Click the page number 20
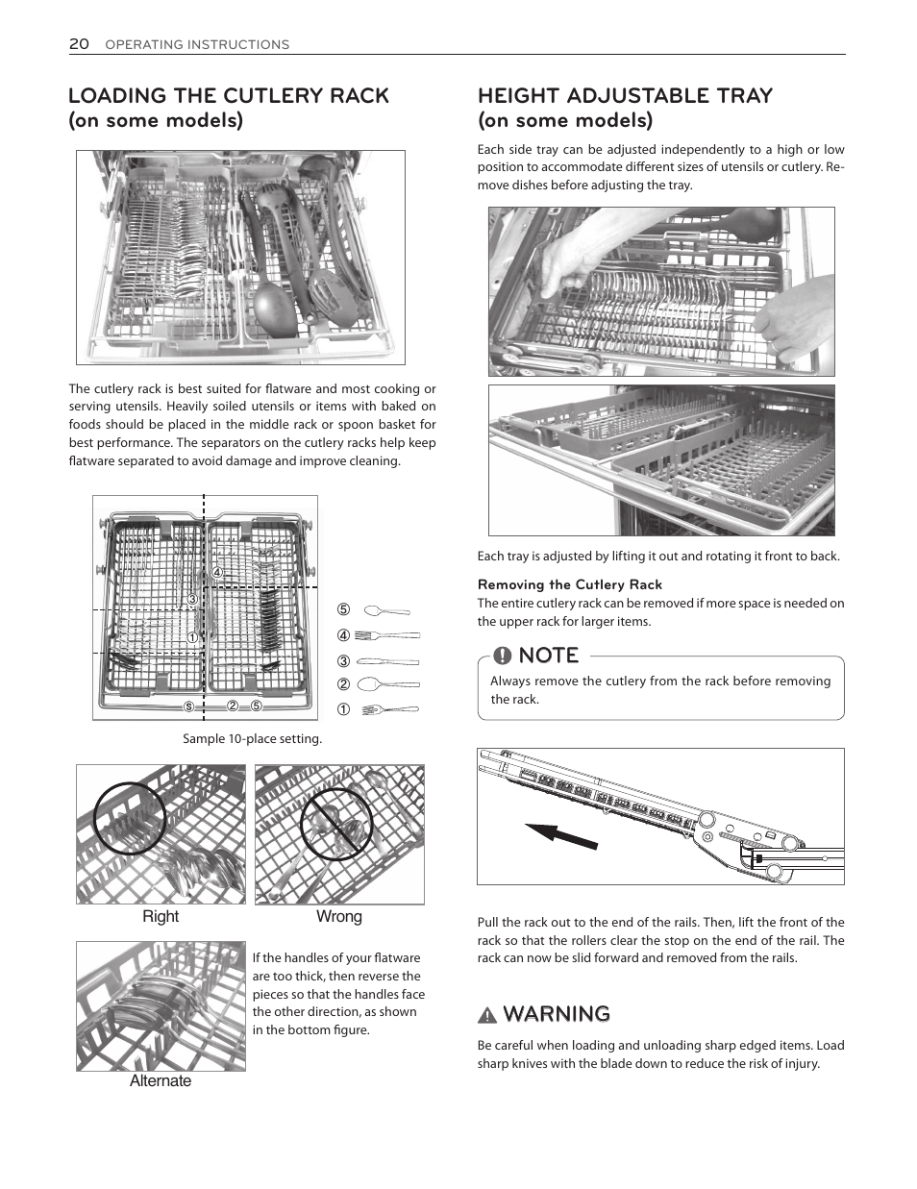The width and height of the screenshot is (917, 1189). (79, 43)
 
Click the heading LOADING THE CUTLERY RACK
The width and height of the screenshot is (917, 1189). (229, 95)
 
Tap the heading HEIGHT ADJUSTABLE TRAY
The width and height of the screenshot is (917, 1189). (625, 95)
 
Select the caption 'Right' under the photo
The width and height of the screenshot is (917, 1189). (161, 916)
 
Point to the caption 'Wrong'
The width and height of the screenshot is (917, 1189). (339, 916)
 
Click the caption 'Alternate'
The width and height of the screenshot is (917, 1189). (161, 1080)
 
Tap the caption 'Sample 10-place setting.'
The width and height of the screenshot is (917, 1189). (252, 739)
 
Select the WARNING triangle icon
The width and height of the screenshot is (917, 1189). (487, 1015)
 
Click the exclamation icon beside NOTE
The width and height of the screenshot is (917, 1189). (502, 656)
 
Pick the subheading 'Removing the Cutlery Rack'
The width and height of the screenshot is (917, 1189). (570, 584)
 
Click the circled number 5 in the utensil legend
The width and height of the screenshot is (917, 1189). (342, 610)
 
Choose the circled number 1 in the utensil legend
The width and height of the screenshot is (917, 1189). (342, 710)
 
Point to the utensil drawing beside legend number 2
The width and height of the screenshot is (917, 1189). (387, 685)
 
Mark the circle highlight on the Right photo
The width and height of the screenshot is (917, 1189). (130, 819)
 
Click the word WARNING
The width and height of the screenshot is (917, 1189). (556, 1014)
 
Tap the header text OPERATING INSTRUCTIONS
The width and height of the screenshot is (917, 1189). (197, 44)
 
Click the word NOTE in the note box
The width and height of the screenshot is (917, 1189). (548, 656)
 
